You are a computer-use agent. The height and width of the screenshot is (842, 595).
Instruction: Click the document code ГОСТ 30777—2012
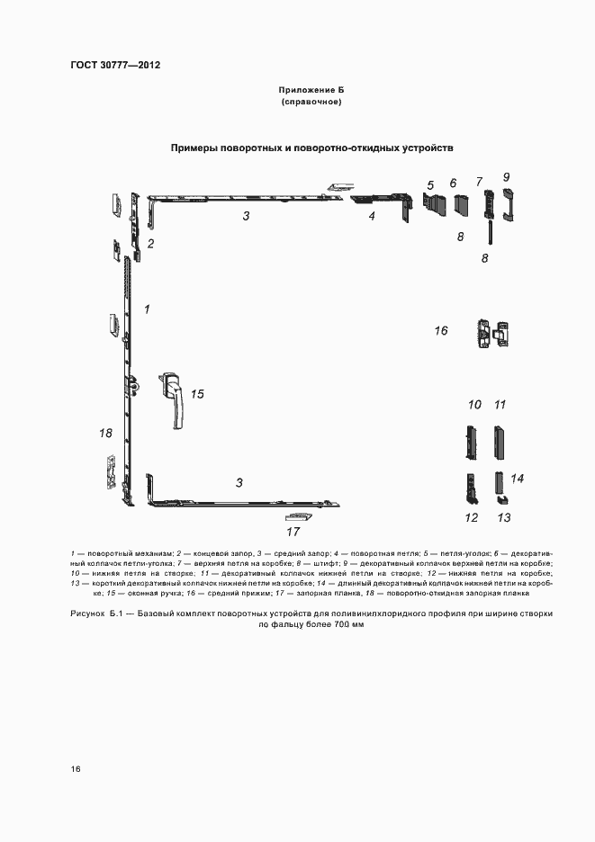114,65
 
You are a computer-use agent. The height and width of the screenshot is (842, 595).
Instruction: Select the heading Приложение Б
311,92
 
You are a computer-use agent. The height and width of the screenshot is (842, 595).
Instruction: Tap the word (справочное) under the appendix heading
311,103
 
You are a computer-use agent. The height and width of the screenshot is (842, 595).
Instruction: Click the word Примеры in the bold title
199,147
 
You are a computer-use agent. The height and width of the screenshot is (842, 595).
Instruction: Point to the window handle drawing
173,397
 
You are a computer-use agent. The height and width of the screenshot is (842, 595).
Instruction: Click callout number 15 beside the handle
198,393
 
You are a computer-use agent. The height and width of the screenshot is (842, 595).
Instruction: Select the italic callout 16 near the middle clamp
441,331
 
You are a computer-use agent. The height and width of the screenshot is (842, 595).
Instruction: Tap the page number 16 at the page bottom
77,769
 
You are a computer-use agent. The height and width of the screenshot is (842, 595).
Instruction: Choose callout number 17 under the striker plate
293,531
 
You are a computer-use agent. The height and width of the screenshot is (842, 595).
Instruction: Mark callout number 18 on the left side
105,434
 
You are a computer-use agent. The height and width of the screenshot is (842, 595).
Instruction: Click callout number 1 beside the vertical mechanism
147,309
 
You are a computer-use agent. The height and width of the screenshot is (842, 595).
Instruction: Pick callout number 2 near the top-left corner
151,243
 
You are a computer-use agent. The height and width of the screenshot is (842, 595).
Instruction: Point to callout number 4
370,216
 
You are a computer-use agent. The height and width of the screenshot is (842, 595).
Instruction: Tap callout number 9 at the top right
506,176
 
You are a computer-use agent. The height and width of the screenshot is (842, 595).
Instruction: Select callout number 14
518,478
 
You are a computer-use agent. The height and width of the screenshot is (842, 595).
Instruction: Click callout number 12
471,517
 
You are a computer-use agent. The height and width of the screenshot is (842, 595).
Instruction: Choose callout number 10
474,404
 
